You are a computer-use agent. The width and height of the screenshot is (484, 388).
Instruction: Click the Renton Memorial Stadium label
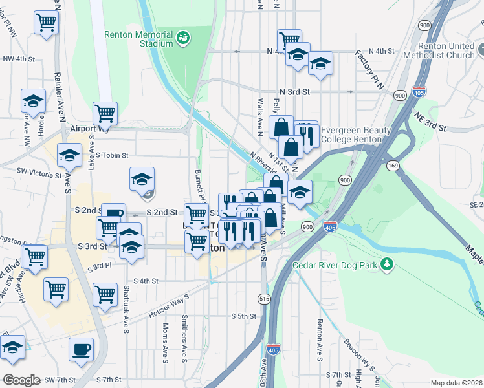pyautogui.click(x=140, y=39)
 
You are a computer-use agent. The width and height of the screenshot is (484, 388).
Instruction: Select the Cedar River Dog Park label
pyautogui.click(x=334, y=265)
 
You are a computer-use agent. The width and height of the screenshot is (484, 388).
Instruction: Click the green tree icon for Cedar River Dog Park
pyautogui.click(x=387, y=264)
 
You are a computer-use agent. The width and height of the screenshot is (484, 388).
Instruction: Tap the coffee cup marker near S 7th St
pyautogui.click(x=82, y=350)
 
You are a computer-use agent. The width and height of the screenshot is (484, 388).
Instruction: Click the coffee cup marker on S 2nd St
pyautogui.click(x=113, y=214)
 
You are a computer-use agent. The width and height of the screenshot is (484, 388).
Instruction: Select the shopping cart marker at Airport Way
pyautogui.click(x=105, y=114)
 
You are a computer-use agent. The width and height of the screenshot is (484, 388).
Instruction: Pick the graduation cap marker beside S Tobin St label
pyautogui.click(x=69, y=155)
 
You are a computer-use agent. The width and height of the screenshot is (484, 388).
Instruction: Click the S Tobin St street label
pyautogui.click(x=112, y=155)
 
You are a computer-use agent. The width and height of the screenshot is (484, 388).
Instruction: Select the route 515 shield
pyautogui.click(x=264, y=298)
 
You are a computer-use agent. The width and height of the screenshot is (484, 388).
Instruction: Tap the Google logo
pyautogui.click(x=21, y=380)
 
